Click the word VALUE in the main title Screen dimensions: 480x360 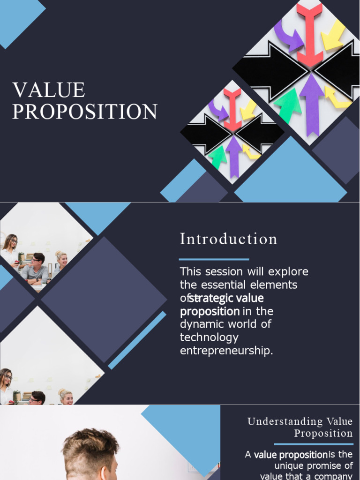coord(49,90)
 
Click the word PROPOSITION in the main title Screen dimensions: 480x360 coord(84,112)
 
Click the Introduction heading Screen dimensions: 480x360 coord(228,239)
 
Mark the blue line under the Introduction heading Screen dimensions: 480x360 coord(214,259)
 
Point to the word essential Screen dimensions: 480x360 coord(219,285)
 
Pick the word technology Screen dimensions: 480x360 coord(209,337)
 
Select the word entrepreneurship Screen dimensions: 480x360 coord(226,351)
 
